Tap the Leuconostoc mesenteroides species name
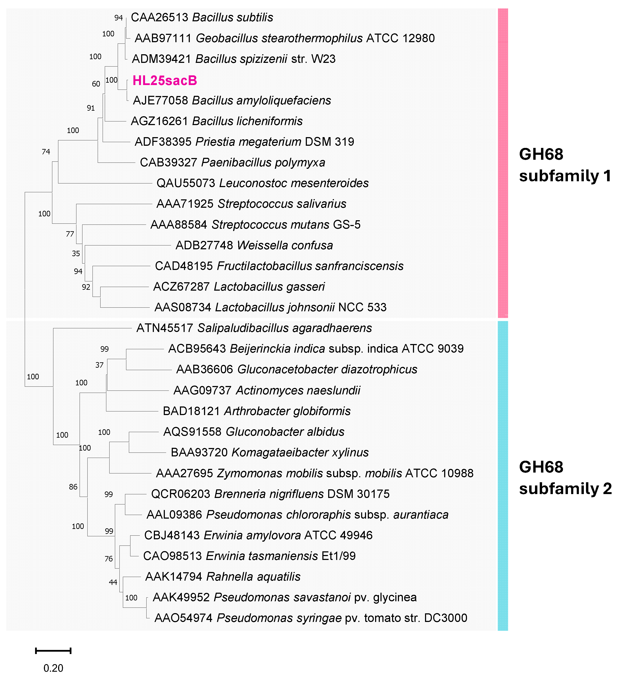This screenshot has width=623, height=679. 294,183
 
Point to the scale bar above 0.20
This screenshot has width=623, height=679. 53,651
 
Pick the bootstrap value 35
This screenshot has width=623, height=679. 76,253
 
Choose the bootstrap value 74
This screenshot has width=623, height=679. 46,152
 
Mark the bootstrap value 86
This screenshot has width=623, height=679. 73,487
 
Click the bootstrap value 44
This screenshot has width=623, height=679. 113,582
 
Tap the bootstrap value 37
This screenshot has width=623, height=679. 99,365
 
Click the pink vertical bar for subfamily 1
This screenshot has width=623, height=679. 503,163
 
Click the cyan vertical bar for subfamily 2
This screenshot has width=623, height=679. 503,476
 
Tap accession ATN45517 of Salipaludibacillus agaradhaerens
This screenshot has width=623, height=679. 164,328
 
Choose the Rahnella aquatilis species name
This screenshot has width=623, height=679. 253,577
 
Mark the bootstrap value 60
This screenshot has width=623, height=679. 96,84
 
